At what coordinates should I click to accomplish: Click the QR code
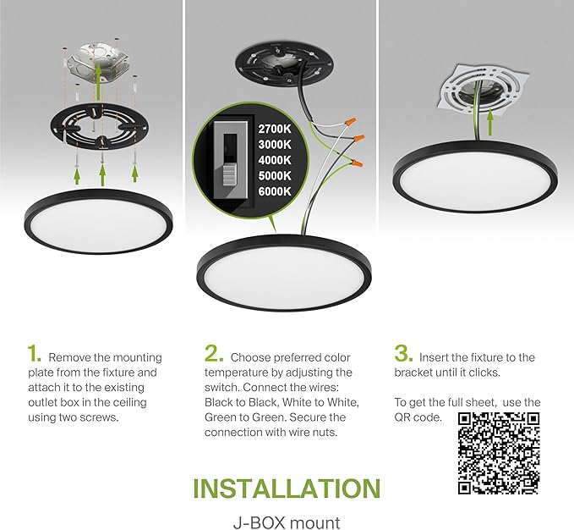(499, 452)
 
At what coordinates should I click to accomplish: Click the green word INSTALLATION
(287, 488)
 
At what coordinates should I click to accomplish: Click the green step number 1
(34, 353)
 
